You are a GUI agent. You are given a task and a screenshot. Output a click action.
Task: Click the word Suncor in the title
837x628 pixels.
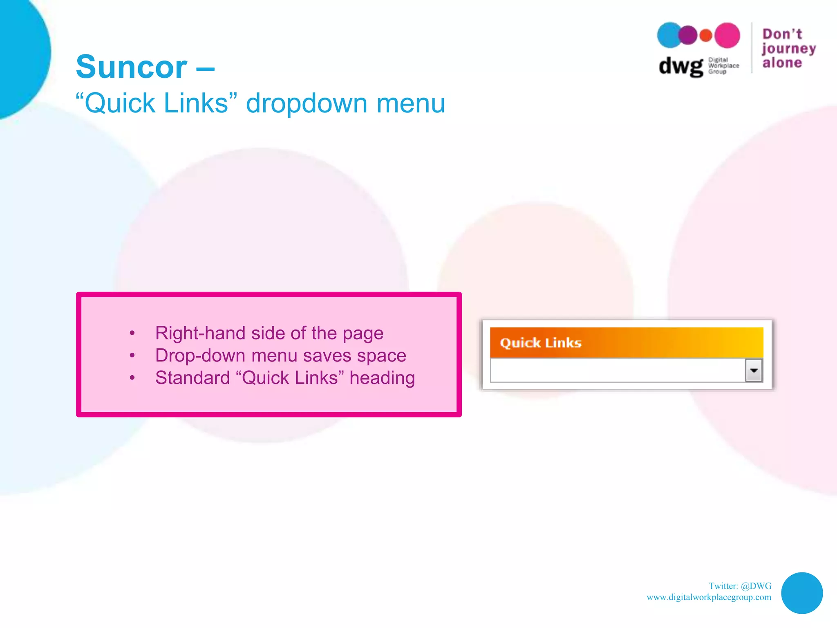[131, 67]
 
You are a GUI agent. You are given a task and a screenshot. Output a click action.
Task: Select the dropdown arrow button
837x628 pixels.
[754, 370]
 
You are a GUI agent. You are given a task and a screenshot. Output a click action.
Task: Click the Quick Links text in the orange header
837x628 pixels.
[541, 343]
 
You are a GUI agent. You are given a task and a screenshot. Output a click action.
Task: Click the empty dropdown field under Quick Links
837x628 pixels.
[617, 370]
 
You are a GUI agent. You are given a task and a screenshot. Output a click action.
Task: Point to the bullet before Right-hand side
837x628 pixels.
[132, 333]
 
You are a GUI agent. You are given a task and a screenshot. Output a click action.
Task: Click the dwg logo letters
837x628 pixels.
[680, 66]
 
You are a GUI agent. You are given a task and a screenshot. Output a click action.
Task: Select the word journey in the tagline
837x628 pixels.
[788, 49]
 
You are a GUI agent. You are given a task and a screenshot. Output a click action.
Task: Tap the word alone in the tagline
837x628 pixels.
[782, 63]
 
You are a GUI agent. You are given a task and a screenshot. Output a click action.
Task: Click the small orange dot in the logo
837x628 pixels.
[706, 36]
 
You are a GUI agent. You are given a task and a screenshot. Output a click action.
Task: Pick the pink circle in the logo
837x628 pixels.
[727, 35]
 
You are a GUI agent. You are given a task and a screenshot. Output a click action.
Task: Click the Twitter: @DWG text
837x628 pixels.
[740, 586]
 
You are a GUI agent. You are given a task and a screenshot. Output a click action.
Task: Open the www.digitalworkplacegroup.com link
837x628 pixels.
[709, 597]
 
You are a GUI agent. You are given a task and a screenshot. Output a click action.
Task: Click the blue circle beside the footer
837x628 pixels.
[801, 593]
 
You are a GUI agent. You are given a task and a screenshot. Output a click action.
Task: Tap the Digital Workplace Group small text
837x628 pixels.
[723, 65]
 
